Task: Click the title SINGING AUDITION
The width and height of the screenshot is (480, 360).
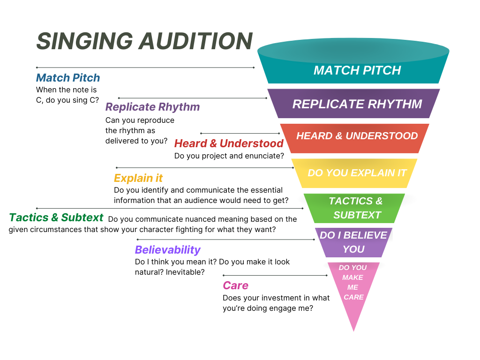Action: pos(144,41)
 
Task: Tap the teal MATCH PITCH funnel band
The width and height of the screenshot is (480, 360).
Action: pos(353,61)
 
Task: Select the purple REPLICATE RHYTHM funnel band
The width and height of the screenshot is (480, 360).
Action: pos(353,104)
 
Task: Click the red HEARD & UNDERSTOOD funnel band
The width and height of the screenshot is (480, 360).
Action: pos(354,138)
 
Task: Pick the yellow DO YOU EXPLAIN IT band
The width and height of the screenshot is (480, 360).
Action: pos(354,173)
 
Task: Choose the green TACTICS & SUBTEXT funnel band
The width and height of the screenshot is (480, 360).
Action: pos(354,208)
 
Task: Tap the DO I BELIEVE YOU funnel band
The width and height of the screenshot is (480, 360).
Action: pos(353,242)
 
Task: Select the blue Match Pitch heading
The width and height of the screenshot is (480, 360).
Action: pos(68,78)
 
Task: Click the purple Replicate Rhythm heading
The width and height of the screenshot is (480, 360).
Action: pos(152,107)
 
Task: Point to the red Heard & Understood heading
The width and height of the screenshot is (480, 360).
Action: pos(229,143)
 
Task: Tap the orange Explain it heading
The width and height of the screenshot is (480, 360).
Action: pos(138,178)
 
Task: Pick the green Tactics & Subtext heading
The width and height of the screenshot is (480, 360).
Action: pos(56,217)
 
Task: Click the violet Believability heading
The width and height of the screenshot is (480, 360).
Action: pos(168,250)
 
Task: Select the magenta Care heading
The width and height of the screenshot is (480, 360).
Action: pos(235,285)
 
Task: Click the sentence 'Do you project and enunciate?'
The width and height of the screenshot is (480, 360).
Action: pos(229,156)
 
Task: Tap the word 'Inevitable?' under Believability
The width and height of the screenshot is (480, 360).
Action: pos(185,272)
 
